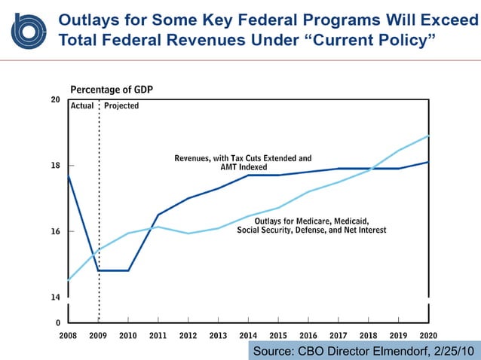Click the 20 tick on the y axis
[55, 99]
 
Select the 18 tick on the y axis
[55, 166]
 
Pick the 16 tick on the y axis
[55, 231]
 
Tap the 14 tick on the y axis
[55, 297]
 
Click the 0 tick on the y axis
[57, 322]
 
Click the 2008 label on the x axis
[68, 335]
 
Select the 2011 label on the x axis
[158, 335]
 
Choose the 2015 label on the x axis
[278, 335]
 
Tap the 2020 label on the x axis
[428, 335]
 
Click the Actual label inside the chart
[82, 106]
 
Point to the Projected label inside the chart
[121, 106]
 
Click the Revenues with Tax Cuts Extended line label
[243, 163]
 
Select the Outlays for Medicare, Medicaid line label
[311, 224]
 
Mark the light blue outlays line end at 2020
[428, 136]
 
